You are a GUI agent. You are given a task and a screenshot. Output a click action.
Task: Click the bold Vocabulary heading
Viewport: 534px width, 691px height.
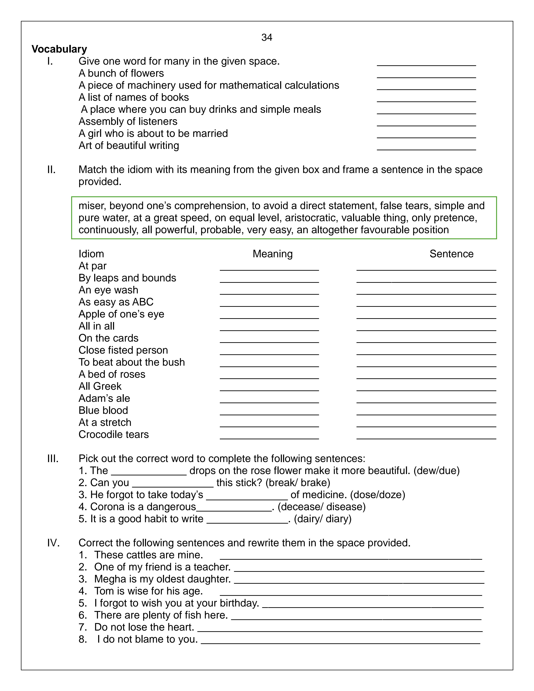click(59, 49)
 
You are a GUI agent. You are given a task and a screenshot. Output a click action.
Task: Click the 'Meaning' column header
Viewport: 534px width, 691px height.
click(273, 254)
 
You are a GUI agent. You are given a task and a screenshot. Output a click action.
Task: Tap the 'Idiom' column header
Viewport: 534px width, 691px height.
click(91, 254)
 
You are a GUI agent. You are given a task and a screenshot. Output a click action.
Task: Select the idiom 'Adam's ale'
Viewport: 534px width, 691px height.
click(104, 398)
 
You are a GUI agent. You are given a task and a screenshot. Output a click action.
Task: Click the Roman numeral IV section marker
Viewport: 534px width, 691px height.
click(53, 543)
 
